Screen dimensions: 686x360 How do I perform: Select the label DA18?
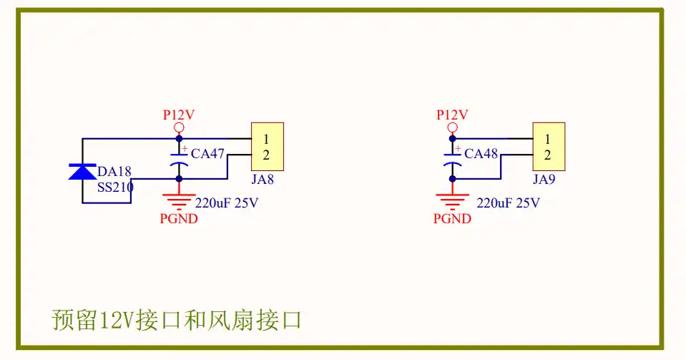[x=114, y=171]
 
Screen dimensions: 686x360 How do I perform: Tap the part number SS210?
[x=115, y=187]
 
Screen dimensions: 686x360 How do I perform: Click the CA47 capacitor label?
[x=207, y=153]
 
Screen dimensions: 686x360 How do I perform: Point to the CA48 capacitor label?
[x=481, y=153]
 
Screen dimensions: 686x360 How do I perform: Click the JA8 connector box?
[x=268, y=147]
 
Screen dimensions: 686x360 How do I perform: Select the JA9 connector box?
[x=549, y=147]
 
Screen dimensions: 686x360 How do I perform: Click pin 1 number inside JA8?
[x=266, y=140]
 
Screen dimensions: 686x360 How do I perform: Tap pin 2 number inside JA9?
[x=547, y=155]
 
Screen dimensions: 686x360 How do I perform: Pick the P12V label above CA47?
[x=179, y=115]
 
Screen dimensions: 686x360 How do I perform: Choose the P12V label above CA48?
[x=452, y=115]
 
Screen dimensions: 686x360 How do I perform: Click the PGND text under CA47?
[x=179, y=218]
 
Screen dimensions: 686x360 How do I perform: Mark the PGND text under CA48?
[x=452, y=218]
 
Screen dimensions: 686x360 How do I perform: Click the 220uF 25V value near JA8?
[x=227, y=203]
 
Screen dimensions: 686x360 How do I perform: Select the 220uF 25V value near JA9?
[x=508, y=203]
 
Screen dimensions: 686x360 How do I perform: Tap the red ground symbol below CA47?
[x=179, y=200]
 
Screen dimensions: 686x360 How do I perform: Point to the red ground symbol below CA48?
[x=452, y=200]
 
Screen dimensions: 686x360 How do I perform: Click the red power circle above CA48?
[x=452, y=127]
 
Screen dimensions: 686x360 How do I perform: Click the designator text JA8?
[x=263, y=179]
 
